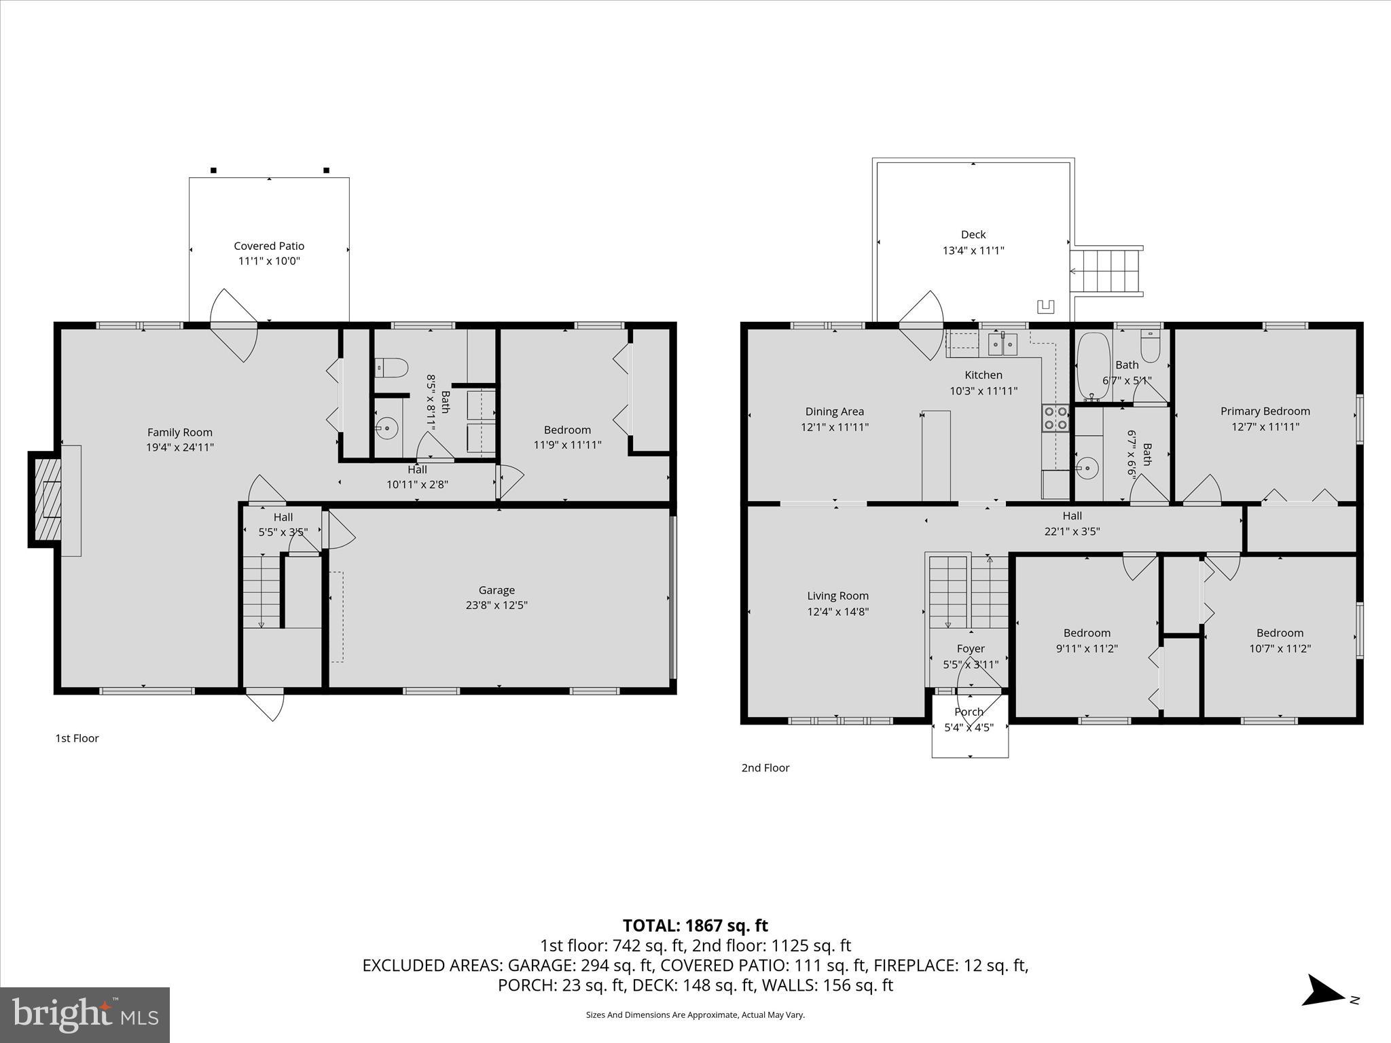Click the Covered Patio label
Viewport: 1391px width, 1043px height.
pyautogui.click(x=269, y=246)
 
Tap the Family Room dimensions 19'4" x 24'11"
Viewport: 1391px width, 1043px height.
pyautogui.click(x=180, y=447)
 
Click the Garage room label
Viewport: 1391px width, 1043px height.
pyautogui.click(x=496, y=590)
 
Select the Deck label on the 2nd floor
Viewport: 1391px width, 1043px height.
pyautogui.click(x=973, y=234)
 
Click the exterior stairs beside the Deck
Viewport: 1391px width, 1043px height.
pyautogui.click(x=1106, y=271)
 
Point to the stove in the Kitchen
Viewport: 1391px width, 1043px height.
pyautogui.click(x=1055, y=418)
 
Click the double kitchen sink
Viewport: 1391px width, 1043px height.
pyautogui.click(x=1002, y=344)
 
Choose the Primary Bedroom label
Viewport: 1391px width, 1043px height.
pyautogui.click(x=1265, y=411)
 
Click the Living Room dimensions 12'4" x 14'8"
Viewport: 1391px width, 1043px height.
pyautogui.click(x=837, y=611)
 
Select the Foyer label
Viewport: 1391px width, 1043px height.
pyautogui.click(x=971, y=648)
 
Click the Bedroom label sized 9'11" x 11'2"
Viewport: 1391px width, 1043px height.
pyautogui.click(x=1087, y=633)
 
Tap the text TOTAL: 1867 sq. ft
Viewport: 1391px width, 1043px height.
pyautogui.click(x=695, y=926)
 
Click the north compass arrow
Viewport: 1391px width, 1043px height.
pyautogui.click(x=1324, y=1009)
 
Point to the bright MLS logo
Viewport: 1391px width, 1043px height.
pyautogui.click(x=85, y=1014)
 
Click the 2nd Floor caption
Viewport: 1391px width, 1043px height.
pyautogui.click(x=765, y=767)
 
